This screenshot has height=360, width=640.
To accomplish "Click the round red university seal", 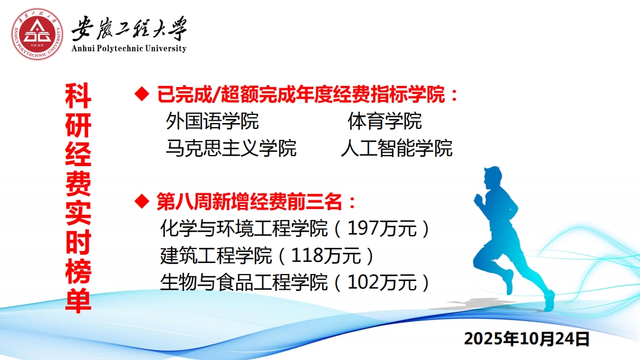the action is (37, 34).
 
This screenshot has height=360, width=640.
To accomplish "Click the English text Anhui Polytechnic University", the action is (129, 48).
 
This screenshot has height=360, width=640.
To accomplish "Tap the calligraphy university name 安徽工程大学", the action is (129, 28).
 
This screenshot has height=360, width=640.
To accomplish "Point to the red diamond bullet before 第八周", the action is (142, 201).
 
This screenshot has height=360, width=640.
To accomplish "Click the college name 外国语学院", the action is (212, 121).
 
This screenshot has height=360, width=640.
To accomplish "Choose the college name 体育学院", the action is (385, 121).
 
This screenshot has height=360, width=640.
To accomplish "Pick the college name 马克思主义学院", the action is (231, 148).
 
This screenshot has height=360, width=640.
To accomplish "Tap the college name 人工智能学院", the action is (397, 148).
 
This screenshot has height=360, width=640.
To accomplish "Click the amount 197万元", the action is (382, 228).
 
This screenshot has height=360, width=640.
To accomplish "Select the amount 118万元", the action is (326, 256).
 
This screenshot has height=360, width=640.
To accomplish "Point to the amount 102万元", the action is (382, 282).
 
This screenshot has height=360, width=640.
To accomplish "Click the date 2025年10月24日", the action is (526, 339).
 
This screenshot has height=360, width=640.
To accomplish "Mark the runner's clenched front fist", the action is (478, 200).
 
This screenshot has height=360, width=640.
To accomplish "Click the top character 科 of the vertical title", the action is (78, 96).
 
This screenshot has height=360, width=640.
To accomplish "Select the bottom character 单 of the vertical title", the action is (78, 300).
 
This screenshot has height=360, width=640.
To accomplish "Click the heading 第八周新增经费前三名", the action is (250, 201).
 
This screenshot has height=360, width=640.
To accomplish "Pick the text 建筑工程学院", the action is (216, 256).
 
